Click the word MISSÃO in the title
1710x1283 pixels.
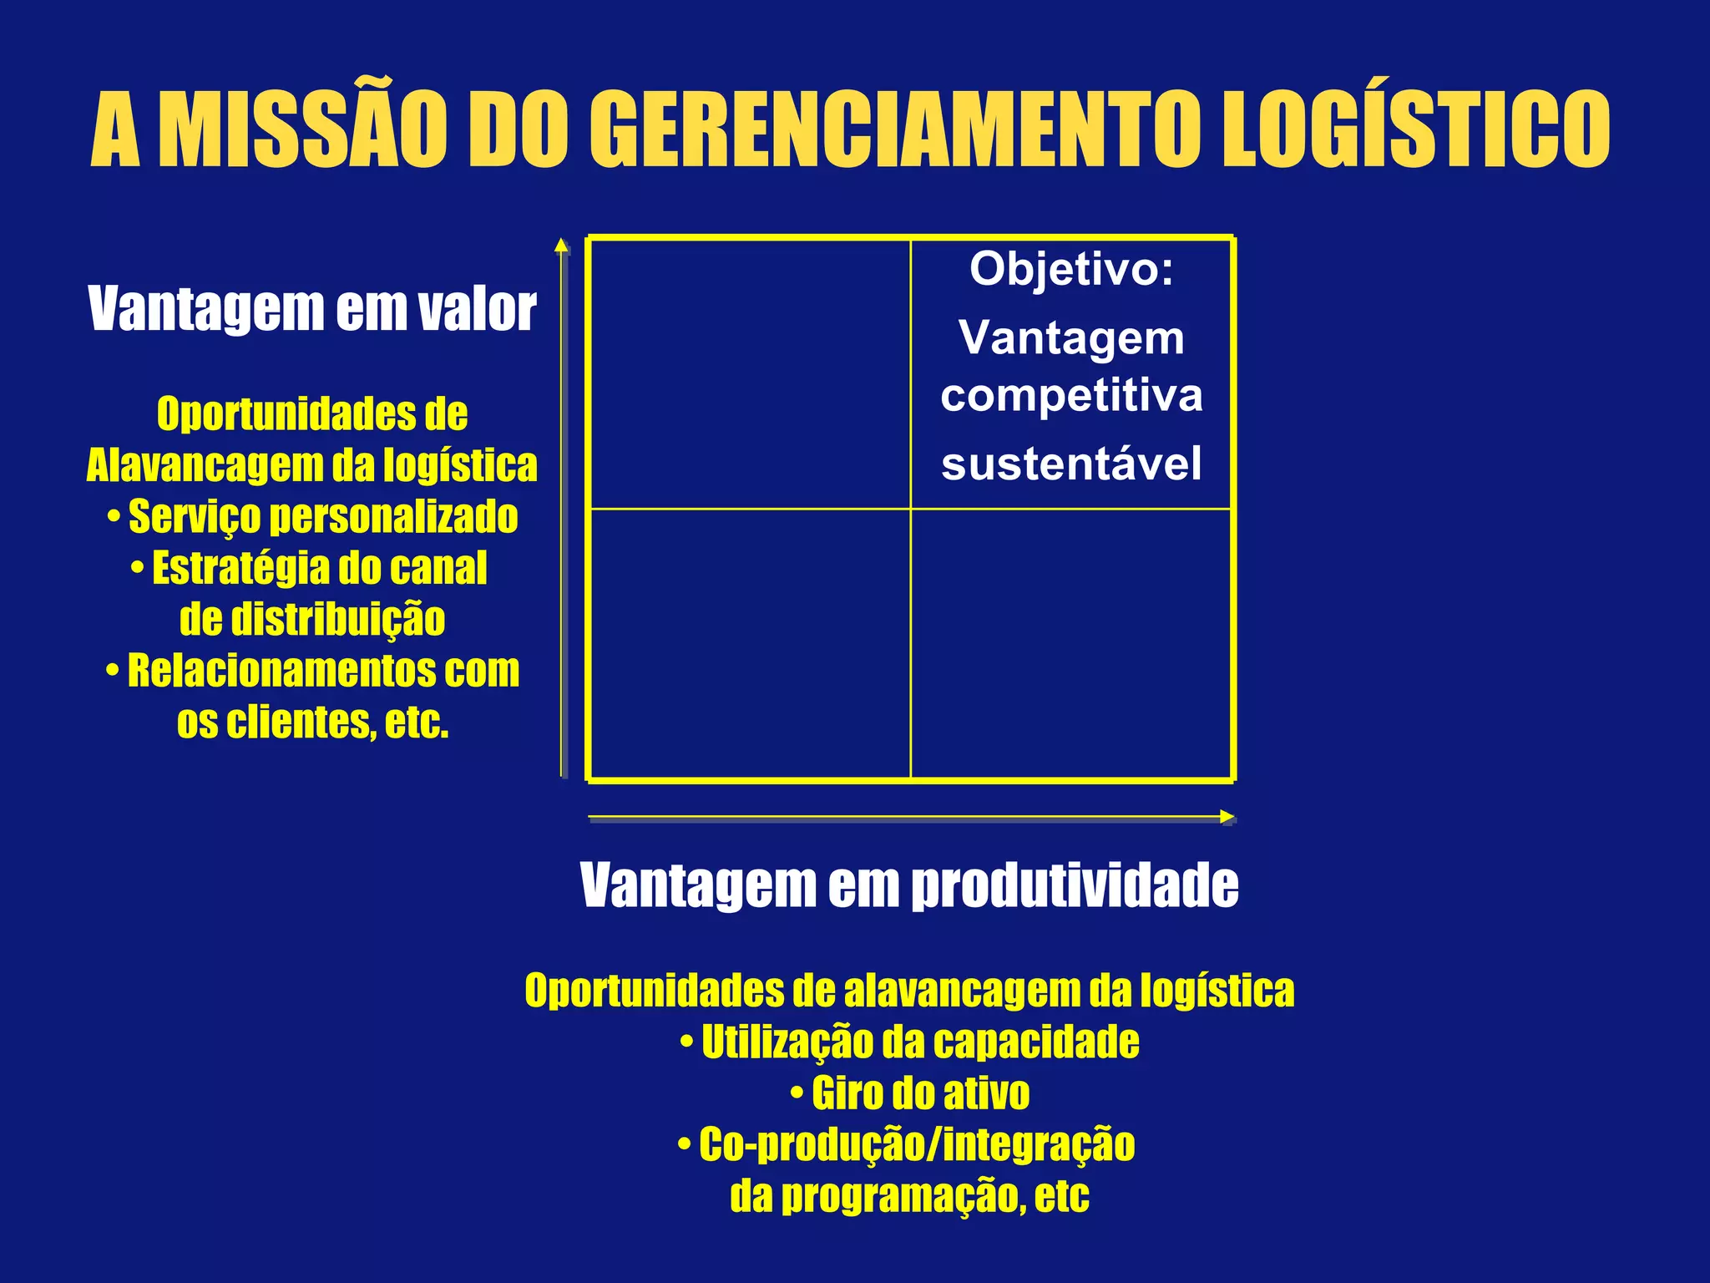[x=299, y=129]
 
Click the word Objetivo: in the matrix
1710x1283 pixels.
[x=1071, y=270]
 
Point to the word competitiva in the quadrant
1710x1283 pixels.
[x=1071, y=396]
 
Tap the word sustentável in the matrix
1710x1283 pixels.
[x=1071, y=464]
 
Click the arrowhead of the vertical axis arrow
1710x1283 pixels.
[x=562, y=245]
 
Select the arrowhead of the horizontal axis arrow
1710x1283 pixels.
[x=1227, y=817]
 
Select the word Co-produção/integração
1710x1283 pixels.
[x=917, y=1144]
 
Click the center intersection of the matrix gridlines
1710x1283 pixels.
[x=910, y=509]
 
